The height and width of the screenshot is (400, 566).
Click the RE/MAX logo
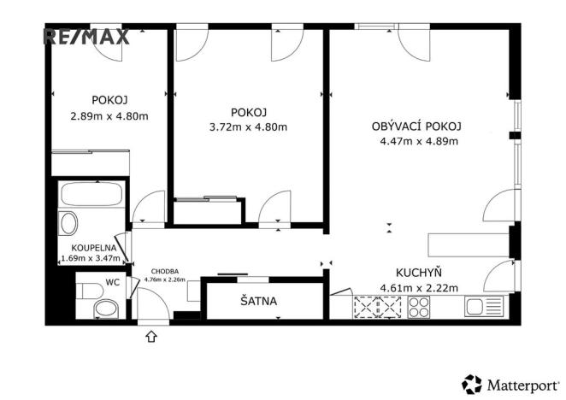[86, 36]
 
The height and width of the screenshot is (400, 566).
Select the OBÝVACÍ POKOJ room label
[416, 126]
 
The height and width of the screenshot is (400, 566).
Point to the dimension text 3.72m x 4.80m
[249, 128]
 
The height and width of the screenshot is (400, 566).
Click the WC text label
[112, 279]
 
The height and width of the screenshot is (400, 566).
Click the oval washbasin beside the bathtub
[68, 224]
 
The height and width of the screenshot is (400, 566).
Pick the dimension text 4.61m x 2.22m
[419, 286]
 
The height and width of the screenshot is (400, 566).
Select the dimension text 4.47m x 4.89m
[417, 142]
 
